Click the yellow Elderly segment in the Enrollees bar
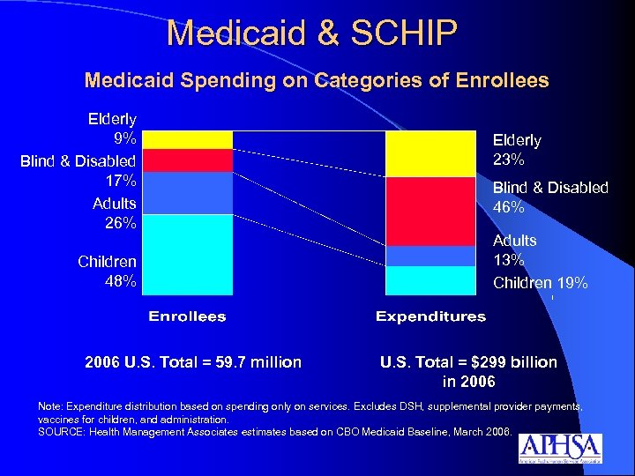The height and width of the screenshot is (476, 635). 187,139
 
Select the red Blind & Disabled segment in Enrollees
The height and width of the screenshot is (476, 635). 187,160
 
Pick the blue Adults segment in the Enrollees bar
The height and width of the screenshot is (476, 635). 187,193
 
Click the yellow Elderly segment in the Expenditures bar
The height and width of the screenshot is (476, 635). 430,154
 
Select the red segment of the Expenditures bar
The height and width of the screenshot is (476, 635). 430,212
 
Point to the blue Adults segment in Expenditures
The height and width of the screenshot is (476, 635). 430,256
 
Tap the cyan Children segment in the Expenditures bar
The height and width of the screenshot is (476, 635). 430,279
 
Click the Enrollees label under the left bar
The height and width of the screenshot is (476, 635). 187,316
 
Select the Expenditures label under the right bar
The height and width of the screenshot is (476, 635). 430,316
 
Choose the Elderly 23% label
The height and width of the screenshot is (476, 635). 517,150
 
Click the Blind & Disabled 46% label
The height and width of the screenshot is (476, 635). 549,197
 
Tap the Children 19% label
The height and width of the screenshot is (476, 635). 540,283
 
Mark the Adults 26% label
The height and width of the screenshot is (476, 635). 114,213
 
